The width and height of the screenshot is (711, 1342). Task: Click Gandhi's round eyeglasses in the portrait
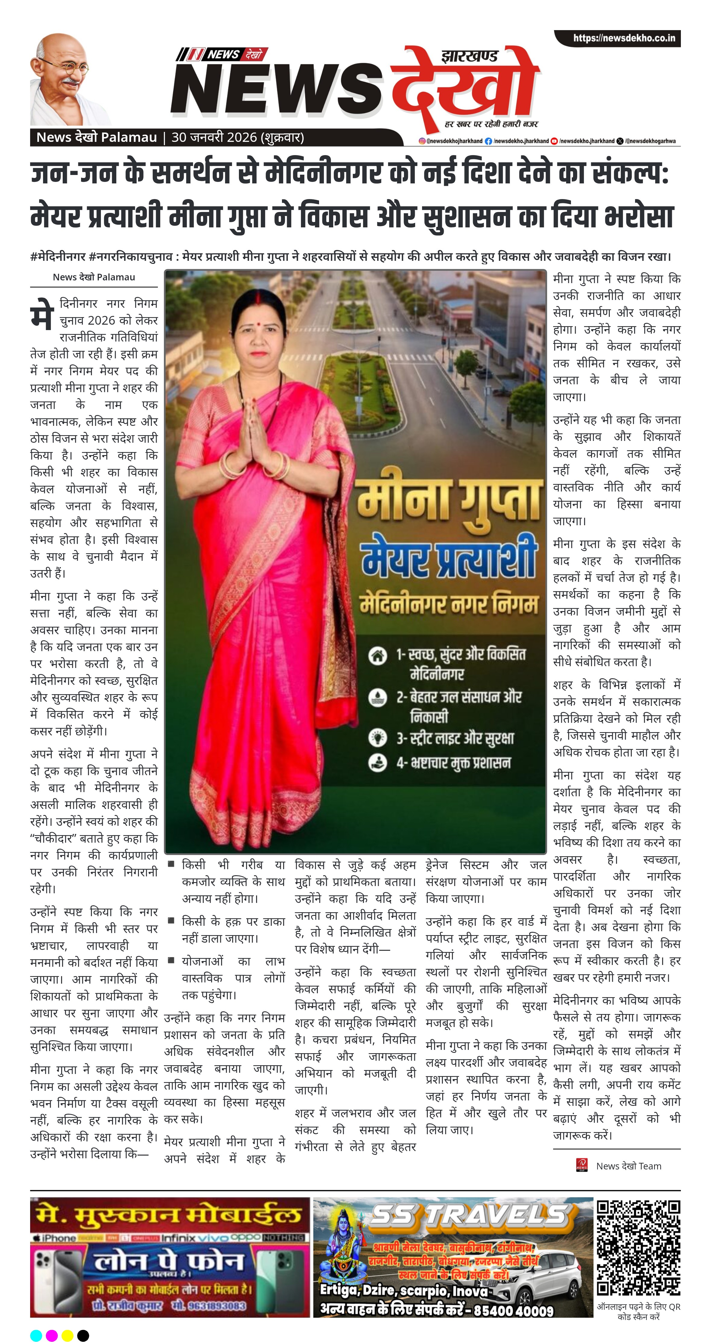69,66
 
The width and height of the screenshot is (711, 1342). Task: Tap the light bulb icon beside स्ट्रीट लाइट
377,737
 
